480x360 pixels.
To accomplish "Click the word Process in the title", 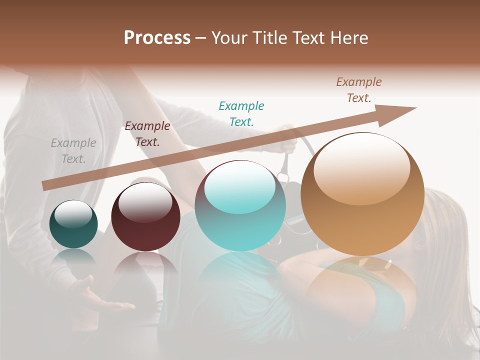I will point(157,37).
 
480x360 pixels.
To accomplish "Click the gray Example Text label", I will point(73,151).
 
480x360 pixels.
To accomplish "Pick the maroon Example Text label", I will point(147,134).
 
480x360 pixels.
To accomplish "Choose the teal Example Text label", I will point(241,113).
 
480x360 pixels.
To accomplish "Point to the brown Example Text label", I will point(359,90).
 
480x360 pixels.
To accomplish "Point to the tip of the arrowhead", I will point(416,108).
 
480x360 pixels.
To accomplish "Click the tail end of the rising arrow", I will point(44,185).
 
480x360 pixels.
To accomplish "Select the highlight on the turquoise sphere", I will point(240,187).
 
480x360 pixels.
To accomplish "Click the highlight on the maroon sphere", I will point(145,202).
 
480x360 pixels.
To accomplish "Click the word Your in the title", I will point(230,38).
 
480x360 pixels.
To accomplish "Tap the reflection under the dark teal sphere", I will point(73,257).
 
